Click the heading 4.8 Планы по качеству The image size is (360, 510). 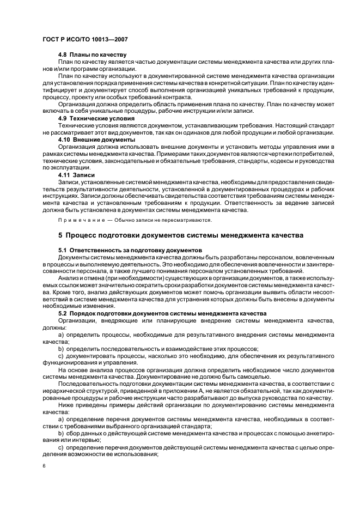tap(92, 55)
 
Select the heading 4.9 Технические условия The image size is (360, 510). tap(97, 118)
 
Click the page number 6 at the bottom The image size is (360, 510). tap(44, 466)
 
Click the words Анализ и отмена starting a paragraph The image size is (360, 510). tap(82, 278)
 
